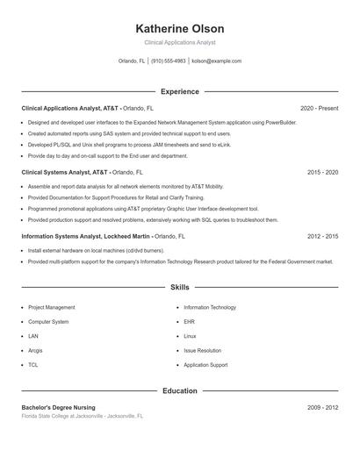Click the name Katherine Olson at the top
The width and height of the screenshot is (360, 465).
click(180, 29)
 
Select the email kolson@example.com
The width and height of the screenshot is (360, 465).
click(216, 61)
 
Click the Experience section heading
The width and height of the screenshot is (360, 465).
click(180, 91)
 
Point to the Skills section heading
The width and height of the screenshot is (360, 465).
click(180, 287)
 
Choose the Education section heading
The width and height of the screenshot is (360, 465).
click(180, 390)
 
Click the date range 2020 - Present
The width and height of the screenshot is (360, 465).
click(319, 108)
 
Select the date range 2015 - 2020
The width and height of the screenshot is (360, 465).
click(322, 172)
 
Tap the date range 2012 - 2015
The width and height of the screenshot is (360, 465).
click(322, 236)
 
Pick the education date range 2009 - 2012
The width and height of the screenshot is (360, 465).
click(322, 408)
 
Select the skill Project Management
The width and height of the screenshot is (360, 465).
click(51, 307)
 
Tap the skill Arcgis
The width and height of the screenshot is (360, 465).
click(36, 350)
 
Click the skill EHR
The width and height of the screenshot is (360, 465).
click(190, 322)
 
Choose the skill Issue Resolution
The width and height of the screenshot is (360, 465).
click(202, 350)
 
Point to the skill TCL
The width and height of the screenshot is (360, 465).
click(33, 364)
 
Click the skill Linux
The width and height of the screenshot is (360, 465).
click(190, 336)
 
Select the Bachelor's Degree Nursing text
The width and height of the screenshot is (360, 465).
click(58, 408)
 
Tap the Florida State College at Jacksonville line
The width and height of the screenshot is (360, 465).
click(82, 416)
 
